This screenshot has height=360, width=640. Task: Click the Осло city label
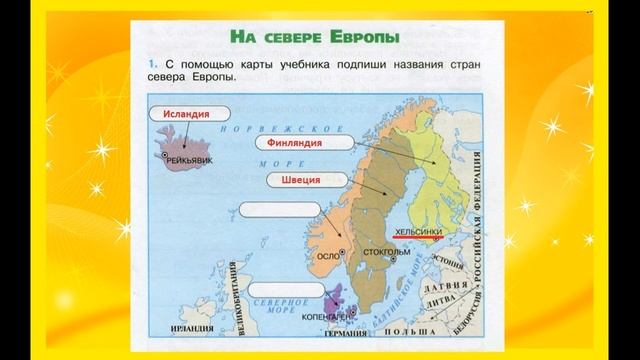(x=327, y=256)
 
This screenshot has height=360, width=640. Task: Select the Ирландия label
(x=197, y=327)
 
